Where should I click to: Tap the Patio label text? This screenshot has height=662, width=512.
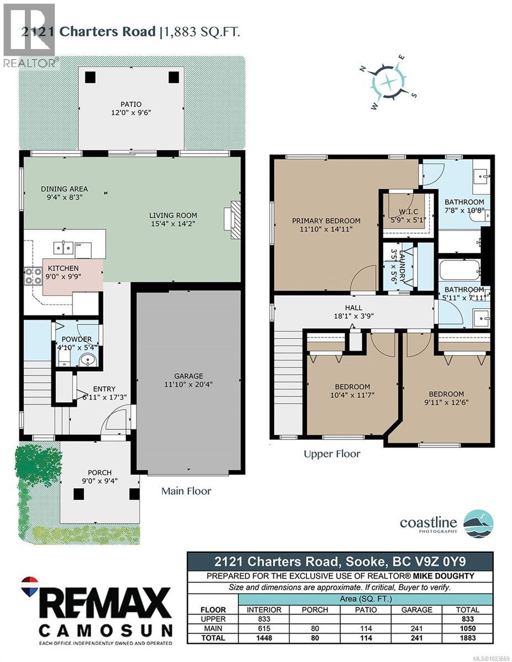[131, 104]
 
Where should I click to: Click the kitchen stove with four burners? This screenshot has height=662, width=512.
[33, 275]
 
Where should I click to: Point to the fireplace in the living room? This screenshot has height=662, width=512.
[235, 218]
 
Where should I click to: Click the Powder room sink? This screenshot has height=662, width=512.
[88, 361]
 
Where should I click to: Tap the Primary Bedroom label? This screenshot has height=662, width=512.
[326, 221]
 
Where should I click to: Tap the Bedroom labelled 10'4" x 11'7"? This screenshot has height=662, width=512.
[352, 387]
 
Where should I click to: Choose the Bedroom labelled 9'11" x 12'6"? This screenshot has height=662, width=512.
[446, 394]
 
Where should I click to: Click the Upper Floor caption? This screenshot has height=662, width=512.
[332, 453]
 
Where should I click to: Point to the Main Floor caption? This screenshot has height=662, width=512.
[186, 490]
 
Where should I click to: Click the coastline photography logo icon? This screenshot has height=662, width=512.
[478, 524]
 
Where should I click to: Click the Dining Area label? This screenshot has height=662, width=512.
[64, 189]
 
